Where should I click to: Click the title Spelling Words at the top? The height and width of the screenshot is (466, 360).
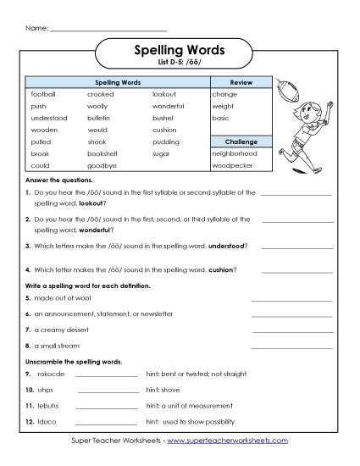click(180, 51)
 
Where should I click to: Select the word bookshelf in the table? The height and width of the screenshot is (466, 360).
click(103, 153)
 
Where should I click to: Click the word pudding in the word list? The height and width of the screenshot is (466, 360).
click(166, 141)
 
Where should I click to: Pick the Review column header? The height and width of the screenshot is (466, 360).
click(241, 82)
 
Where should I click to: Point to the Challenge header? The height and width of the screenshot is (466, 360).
click(241, 141)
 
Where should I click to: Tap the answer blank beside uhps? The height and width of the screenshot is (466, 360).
click(108, 390)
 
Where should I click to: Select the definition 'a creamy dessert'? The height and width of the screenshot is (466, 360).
click(64, 329)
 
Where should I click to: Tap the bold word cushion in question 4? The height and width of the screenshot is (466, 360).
click(219, 270)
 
